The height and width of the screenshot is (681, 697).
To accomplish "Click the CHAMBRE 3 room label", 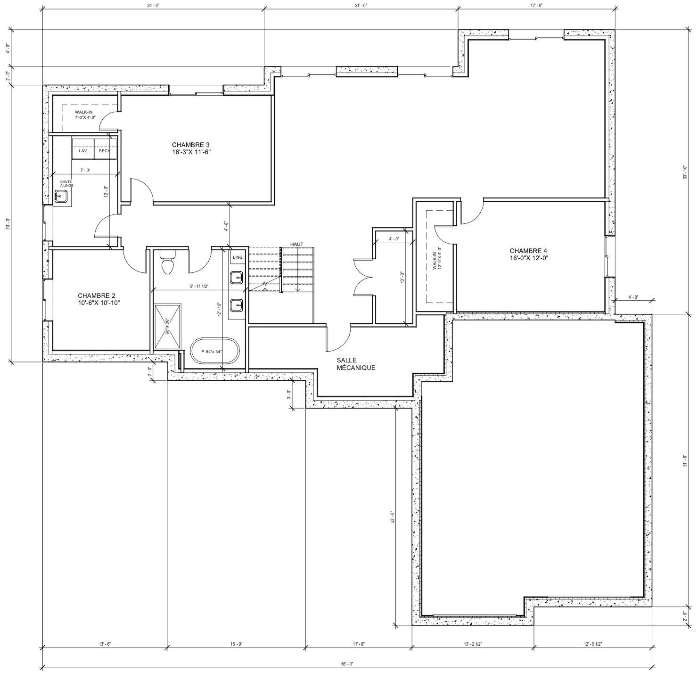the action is pos(191,148).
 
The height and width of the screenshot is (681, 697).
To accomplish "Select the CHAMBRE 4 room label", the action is pos(529,254).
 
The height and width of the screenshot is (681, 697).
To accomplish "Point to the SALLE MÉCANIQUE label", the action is pos(356,364).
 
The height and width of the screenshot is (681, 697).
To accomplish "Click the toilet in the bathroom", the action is pos(167,263).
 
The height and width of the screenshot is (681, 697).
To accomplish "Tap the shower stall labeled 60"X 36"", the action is pos(167,326).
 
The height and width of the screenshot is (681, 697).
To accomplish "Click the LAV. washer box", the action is pos(83,149).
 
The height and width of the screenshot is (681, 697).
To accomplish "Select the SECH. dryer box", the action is pos(105,149).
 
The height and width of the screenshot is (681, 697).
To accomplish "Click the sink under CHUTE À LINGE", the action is pos(61,197).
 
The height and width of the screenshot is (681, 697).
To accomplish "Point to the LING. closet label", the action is pos(238,257).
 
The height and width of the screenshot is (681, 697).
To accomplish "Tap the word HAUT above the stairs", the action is pos(296,244).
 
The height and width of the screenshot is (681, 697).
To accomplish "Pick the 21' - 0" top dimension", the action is pos(361,5).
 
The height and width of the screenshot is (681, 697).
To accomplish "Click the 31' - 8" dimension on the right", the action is pos(684,460).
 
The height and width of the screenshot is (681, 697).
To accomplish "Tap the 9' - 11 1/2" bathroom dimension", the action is pos(199,286).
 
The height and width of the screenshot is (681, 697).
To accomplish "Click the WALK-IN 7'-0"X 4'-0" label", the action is pos(85,115).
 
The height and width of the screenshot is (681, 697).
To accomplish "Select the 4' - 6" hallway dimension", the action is pos(226,227).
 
